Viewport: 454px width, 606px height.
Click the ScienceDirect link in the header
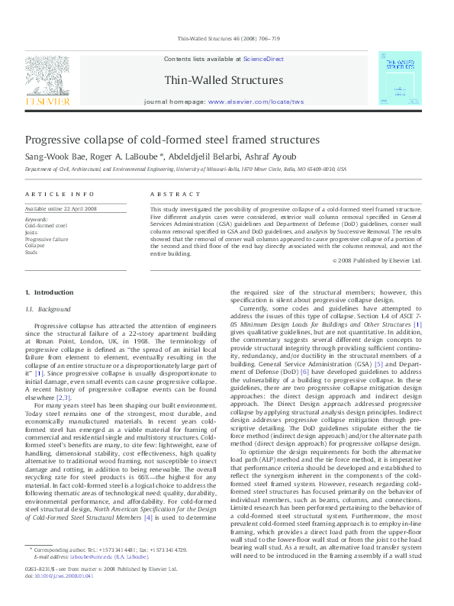tap(263, 59)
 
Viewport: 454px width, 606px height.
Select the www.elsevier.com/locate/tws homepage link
tap(255, 101)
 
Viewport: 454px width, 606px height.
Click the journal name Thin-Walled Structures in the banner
tap(224, 79)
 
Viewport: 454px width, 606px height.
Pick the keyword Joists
tap(32, 232)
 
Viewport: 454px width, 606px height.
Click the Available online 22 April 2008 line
tap(61, 208)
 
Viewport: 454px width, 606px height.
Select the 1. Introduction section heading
tap(49, 292)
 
